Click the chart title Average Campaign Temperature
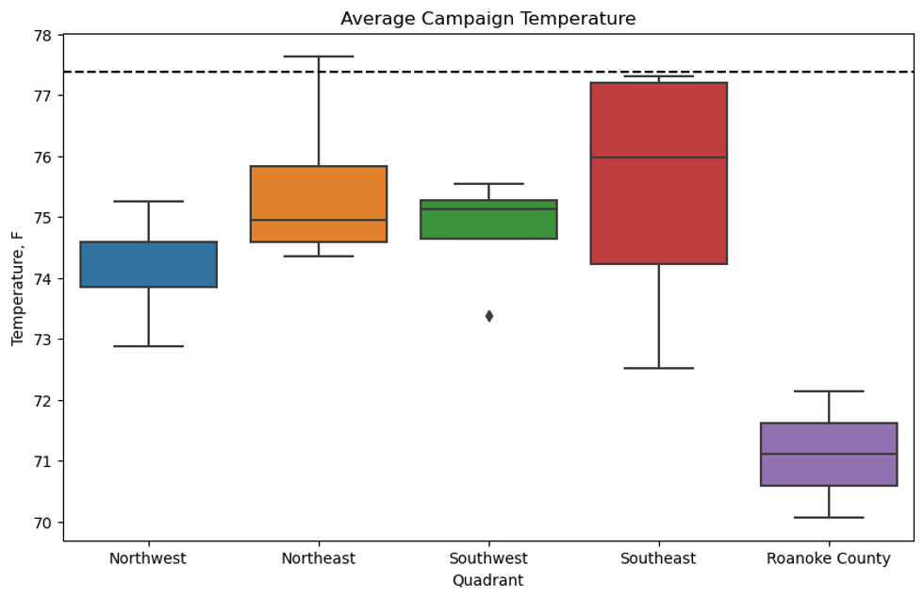[x=487, y=19]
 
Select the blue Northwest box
[x=149, y=265]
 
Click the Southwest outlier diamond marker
[x=488, y=316]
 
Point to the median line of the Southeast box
[x=658, y=158]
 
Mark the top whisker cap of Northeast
[x=319, y=57]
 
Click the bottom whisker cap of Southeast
[x=658, y=368]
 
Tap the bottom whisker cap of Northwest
[x=149, y=346]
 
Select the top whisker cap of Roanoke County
[x=828, y=390]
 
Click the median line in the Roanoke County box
[x=828, y=454]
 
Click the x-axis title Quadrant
[x=487, y=580]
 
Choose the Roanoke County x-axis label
[x=828, y=558]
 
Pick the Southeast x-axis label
[x=658, y=558]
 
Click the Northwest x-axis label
[x=148, y=558]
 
